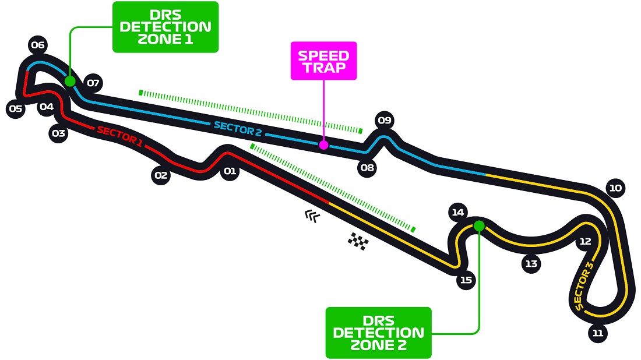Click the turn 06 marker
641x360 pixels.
point(38,45)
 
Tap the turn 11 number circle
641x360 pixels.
point(597,333)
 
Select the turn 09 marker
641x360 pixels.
point(384,121)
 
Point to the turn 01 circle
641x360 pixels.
point(230,171)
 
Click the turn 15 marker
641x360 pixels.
point(466,280)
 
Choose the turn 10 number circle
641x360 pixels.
point(615,188)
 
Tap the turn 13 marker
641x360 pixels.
point(531,263)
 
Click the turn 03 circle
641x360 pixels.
point(58,133)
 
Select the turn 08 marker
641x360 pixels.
point(367,168)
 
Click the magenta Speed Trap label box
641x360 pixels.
point(323,61)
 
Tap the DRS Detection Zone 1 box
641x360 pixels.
point(165,27)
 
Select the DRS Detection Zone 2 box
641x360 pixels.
point(378,333)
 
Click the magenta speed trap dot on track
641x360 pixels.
point(323,144)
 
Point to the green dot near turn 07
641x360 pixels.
point(70,81)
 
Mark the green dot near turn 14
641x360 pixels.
point(479,225)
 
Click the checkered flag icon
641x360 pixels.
point(358,241)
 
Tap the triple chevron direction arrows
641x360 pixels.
point(312,217)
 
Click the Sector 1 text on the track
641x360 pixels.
point(119,136)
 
